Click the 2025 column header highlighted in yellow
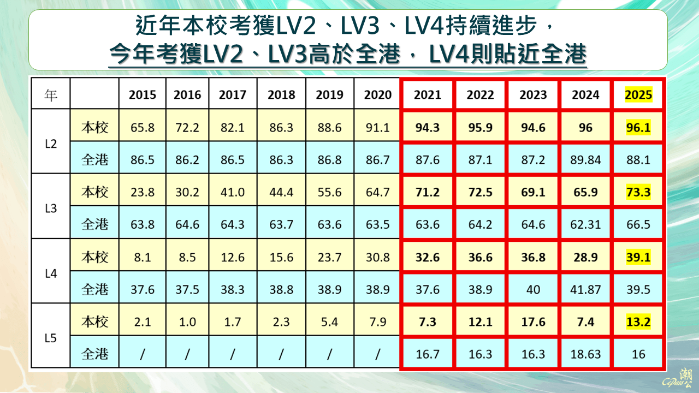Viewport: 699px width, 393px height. (638, 94)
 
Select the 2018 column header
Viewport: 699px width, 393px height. (281, 94)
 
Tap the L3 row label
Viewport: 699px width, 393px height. (50, 208)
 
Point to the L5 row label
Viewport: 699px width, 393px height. (50, 338)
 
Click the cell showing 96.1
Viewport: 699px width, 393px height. (638, 128)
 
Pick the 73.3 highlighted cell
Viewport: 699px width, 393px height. (638, 192)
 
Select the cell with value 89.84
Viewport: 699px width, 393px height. (585, 160)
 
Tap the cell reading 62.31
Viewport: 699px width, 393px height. (585, 224)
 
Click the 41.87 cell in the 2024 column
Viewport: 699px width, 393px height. (585, 289)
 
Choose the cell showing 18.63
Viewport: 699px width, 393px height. (585, 354)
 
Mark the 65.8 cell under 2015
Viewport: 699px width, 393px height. (143, 128)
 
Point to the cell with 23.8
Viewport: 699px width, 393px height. (143, 192)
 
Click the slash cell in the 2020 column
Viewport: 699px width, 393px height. (378, 354)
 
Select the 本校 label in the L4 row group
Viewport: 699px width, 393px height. (95, 257)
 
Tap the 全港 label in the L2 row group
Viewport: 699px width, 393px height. (95, 160)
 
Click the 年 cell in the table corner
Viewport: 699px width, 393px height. (50, 94)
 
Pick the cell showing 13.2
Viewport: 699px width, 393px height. (638, 322)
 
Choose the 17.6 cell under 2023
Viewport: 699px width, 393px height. (533, 322)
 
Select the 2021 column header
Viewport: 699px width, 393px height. (428, 94)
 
